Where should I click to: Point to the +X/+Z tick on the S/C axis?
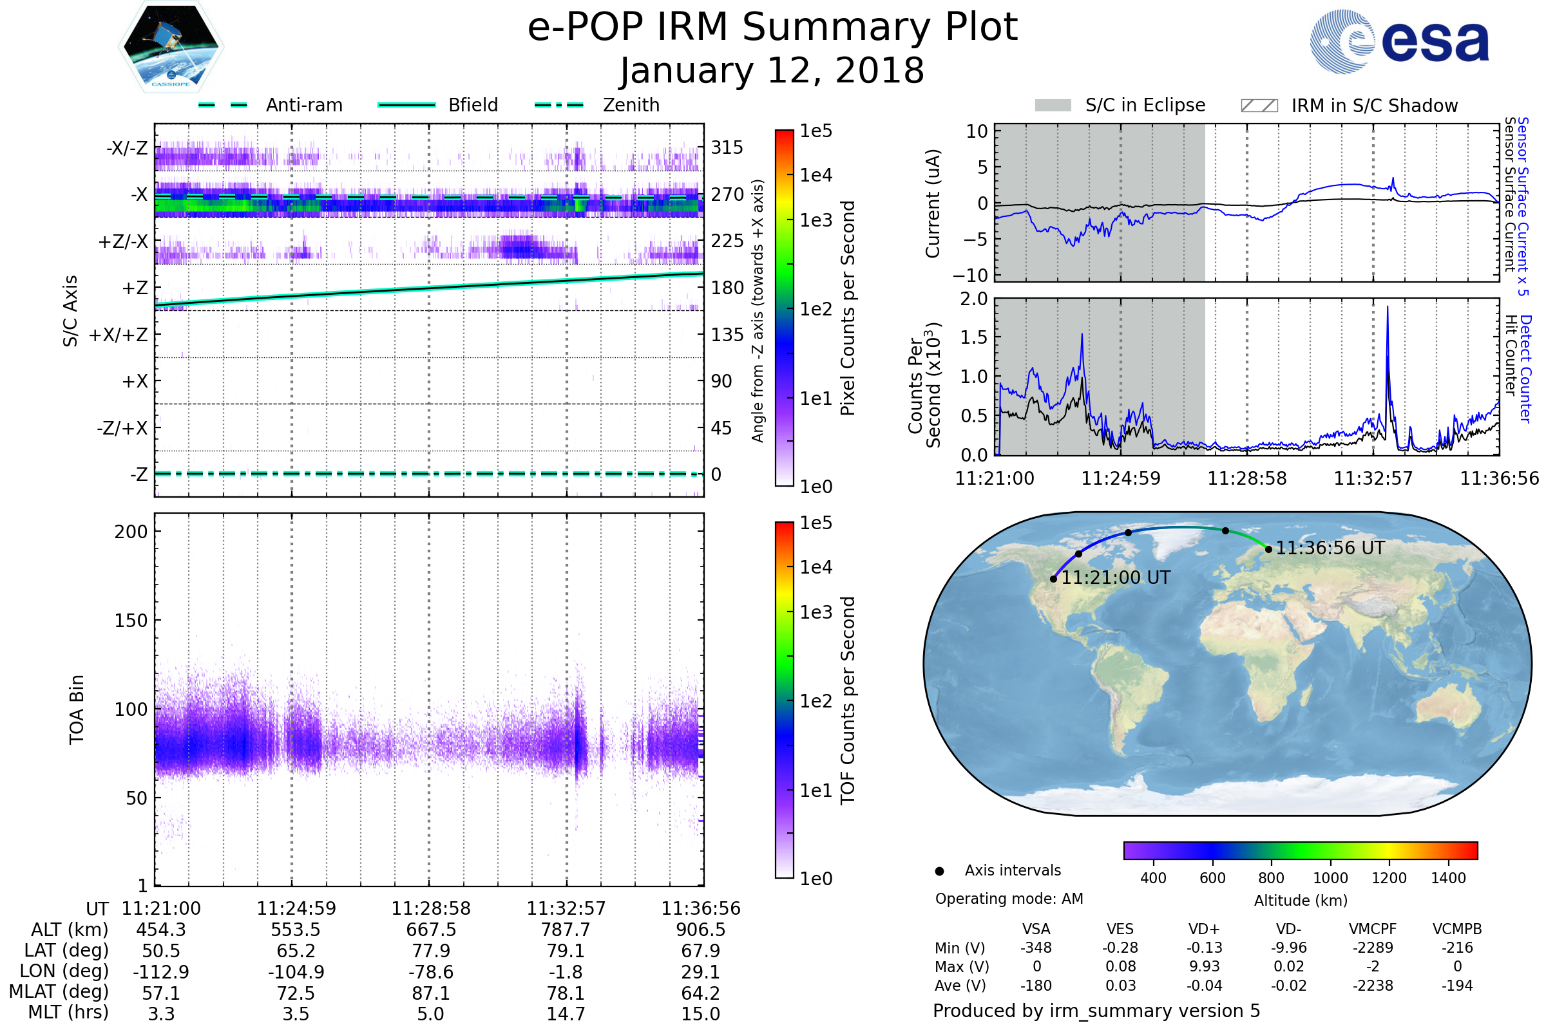[119, 335]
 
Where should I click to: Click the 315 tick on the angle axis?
[727, 147]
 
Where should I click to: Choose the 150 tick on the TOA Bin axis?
[131, 621]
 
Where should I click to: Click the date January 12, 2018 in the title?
[772, 71]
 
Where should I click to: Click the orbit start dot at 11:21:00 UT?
[1054, 579]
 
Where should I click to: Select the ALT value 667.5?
[430, 930]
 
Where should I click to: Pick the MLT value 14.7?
[566, 1013]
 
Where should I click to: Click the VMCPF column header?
[1373, 929]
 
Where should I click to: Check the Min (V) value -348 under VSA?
[1036, 948]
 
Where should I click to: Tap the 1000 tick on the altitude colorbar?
[1330, 878]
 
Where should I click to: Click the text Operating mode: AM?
[1009, 899]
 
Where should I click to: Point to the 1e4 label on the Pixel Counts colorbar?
[816, 175]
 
